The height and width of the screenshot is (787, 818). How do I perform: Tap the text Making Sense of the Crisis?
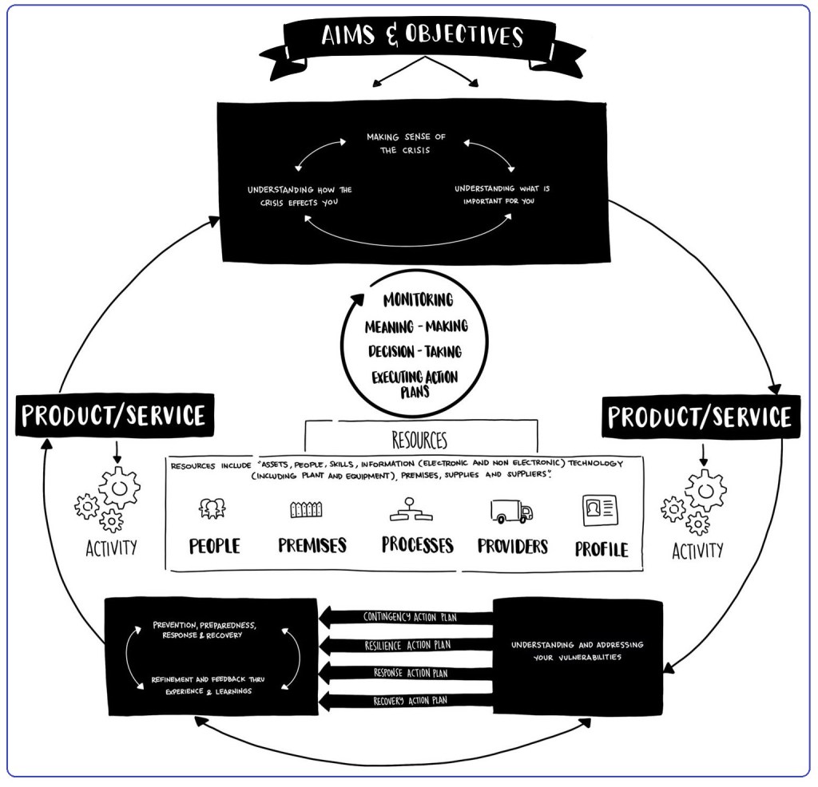(406, 144)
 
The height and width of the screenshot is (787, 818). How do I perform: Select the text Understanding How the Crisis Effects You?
(300, 196)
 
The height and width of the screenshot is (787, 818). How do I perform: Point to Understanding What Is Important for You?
(502, 194)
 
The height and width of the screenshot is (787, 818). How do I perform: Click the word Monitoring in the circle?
(418, 300)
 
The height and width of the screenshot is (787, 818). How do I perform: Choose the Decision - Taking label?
(415, 351)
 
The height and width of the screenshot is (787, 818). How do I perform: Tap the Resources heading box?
(419, 440)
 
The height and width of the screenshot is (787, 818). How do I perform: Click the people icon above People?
(212, 508)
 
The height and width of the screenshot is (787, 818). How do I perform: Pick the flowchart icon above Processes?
(411, 508)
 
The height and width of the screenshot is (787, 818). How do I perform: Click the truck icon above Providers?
(511, 510)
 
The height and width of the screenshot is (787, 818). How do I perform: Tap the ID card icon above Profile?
(599, 510)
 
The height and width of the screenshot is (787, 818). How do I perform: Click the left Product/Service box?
(113, 415)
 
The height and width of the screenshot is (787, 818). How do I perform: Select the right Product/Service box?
(699, 417)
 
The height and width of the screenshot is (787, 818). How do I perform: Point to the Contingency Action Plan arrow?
(406, 617)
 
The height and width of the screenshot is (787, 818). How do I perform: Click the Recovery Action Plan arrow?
(406, 701)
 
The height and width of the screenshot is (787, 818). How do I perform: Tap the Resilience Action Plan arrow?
(406, 645)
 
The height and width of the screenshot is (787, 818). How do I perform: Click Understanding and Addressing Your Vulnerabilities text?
(577, 651)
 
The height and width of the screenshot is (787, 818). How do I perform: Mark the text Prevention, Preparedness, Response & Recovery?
(204, 630)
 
